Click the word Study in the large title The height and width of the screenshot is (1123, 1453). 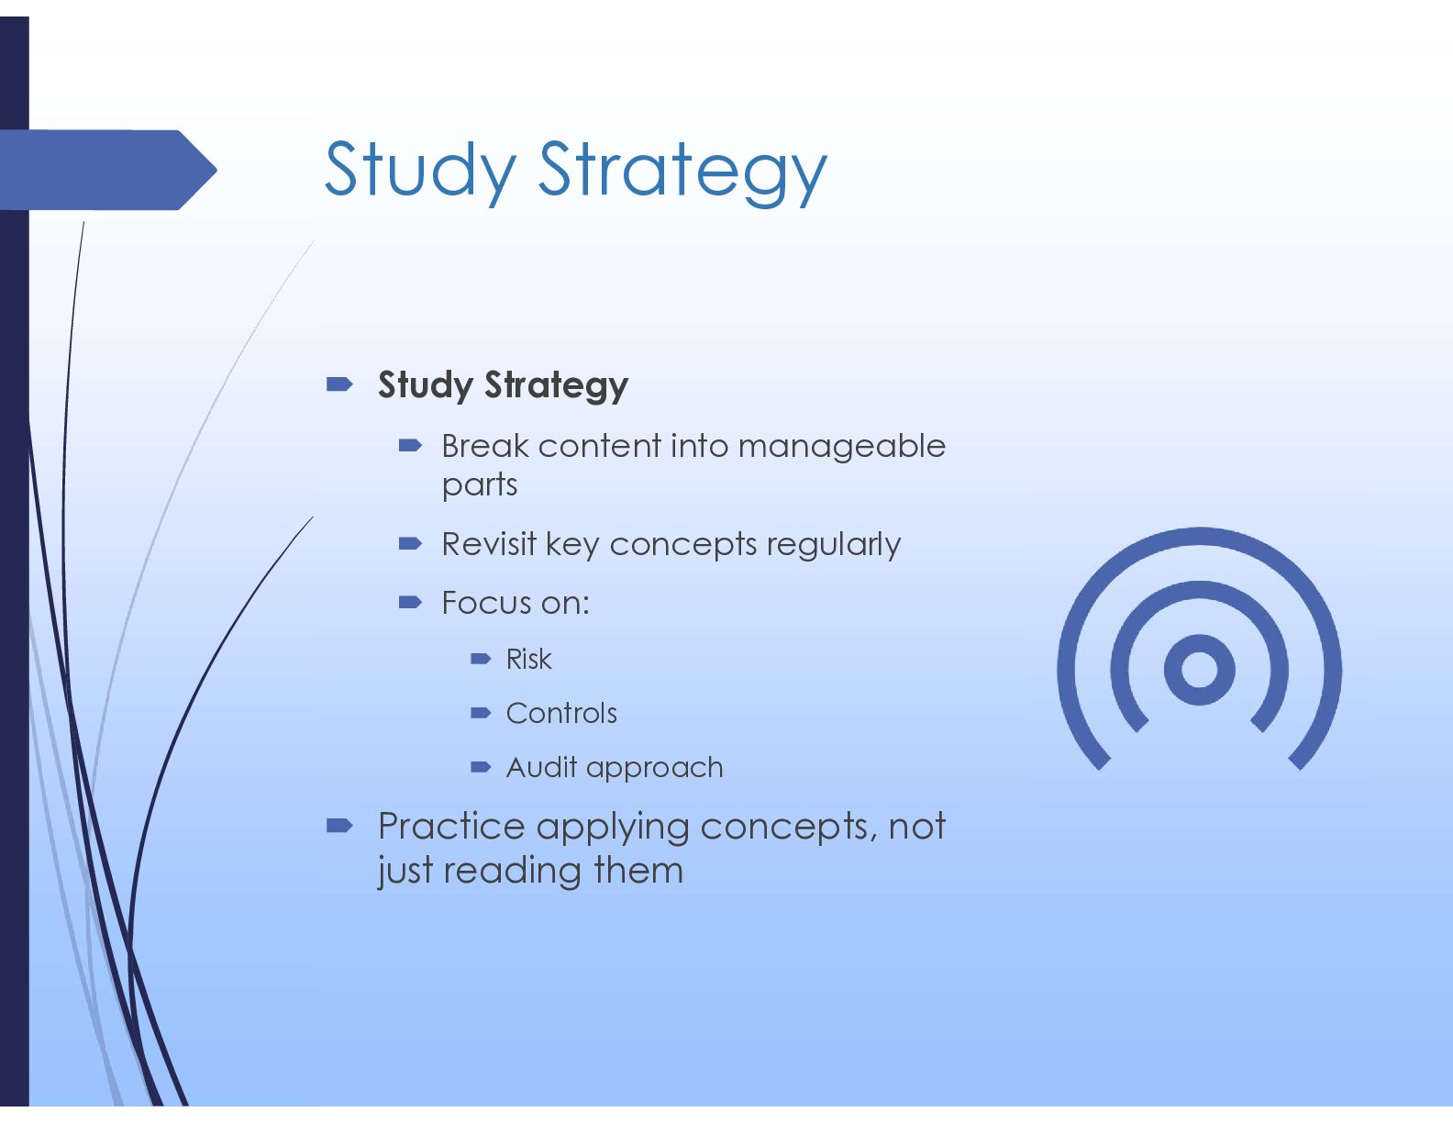click(x=421, y=171)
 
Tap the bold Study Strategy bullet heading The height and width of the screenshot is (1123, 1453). click(x=503, y=385)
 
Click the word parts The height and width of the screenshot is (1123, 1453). click(x=480, y=485)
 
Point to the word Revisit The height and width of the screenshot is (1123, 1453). click(x=489, y=544)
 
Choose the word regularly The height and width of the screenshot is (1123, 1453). click(x=834, y=546)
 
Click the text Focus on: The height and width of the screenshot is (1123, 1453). click(x=516, y=603)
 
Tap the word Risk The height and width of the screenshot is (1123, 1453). click(x=529, y=660)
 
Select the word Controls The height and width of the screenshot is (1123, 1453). click(x=561, y=713)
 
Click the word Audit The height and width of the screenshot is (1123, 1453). click(x=541, y=767)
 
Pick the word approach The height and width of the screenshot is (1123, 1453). click(x=655, y=769)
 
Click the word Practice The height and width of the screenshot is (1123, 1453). click(x=451, y=826)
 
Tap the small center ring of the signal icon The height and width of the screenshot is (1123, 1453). click(x=1200, y=670)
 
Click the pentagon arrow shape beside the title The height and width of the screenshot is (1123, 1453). click(x=108, y=170)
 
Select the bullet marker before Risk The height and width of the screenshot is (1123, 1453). click(x=481, y=660)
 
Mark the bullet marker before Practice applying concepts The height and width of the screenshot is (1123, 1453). click(x=339, y=826)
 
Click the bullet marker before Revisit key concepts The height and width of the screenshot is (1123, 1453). click(x=410, y=544)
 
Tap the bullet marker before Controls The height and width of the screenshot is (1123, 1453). click(x=481, y=713)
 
